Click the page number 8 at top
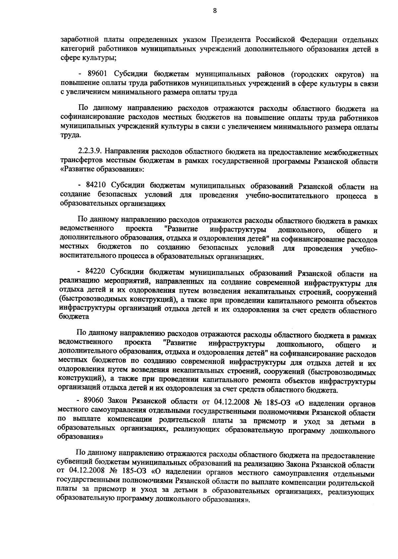click(215, 11)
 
